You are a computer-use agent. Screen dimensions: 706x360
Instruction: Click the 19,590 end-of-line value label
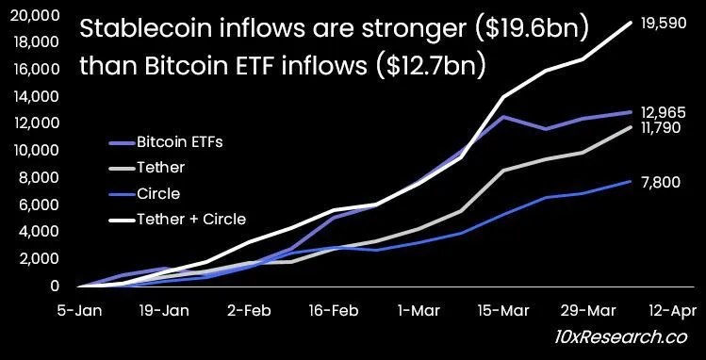tap(664, 23)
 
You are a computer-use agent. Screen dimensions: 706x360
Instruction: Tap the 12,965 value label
tap(664, 112)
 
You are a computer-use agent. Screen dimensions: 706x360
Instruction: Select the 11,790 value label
tap(661, 128)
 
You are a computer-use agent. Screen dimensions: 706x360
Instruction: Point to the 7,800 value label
tap(661, 182)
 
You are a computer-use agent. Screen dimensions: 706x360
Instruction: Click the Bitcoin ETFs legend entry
tap(167, 142)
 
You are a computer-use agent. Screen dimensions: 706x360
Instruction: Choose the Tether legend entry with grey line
tap(147, 168)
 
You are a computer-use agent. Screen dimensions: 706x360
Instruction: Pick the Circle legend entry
tap(145, 193)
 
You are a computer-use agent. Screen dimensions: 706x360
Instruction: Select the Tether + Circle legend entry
tap(178, 220)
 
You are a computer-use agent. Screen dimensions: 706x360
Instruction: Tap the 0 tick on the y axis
tap(56, 286)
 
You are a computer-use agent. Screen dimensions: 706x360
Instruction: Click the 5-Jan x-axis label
tap(80, 310)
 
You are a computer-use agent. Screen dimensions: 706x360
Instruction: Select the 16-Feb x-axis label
tap(335, 310)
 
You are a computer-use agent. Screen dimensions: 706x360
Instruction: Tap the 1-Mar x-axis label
tap(418, 310)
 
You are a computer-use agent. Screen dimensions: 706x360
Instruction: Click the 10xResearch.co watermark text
tap(620, 336)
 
